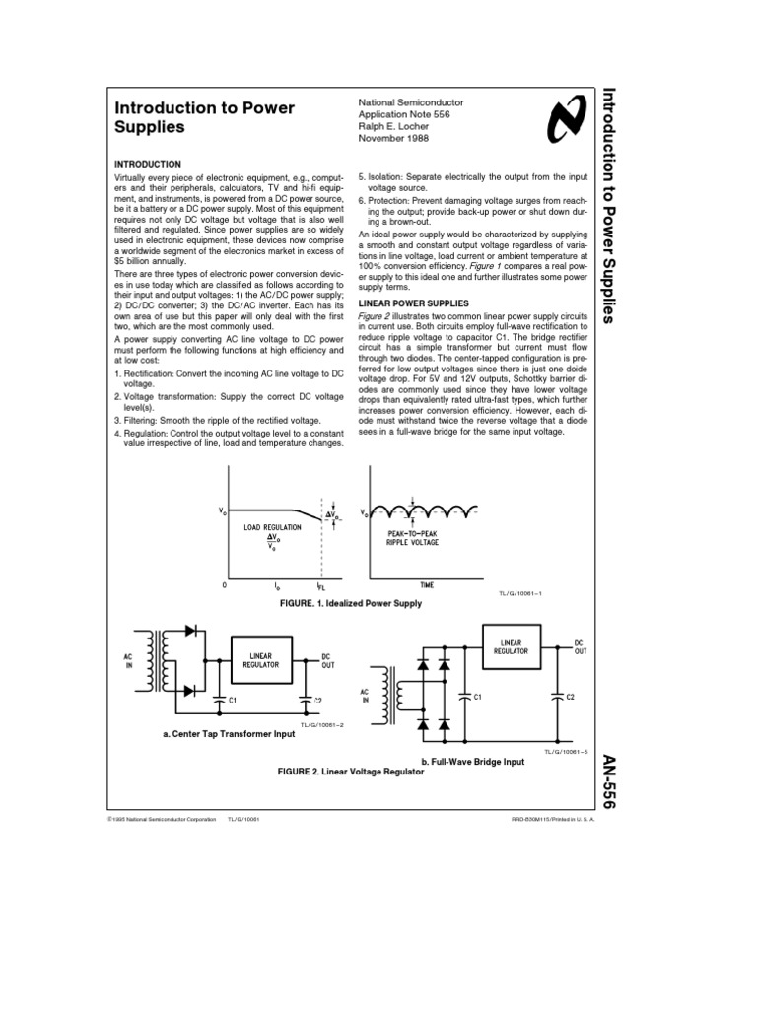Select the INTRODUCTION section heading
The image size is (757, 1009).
coord(148,164)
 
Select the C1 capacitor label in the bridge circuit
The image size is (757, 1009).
coord(477,697)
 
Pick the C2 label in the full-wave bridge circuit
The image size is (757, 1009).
coord(572,697)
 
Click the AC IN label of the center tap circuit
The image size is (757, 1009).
coord(127,659)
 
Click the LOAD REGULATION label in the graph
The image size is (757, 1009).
coord(267,527)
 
